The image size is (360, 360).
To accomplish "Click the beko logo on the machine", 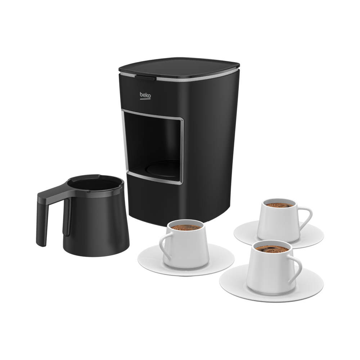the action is (x=145, y=95).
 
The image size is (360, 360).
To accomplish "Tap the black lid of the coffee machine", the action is (x=179, y=67).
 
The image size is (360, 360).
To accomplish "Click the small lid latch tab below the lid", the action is (x=145, y=78).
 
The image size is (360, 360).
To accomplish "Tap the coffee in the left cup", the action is (x=186, y=227).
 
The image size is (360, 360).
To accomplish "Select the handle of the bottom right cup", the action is (x=295, y=269).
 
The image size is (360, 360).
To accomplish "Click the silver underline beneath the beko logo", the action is (x=145, y=99).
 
